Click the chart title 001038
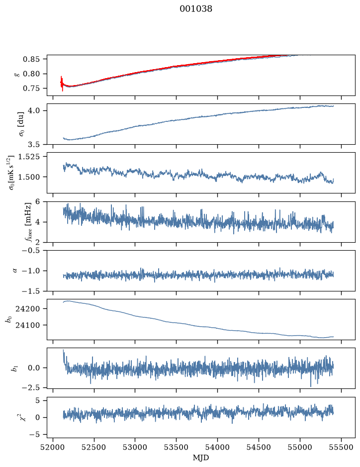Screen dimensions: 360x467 196,9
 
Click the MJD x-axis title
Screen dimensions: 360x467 201,458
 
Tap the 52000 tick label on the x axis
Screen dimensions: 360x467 53,447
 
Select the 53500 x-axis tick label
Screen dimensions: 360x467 177,447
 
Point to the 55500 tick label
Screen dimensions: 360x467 341,447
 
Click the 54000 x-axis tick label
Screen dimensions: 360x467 217,447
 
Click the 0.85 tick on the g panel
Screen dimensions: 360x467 31,59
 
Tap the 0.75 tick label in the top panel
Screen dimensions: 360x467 31,89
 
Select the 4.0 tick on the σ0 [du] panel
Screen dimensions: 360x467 33,110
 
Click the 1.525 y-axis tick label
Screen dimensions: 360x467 28,156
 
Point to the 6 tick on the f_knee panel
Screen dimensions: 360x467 37,201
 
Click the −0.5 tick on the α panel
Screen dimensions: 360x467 30,250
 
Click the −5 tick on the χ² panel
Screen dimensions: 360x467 34,434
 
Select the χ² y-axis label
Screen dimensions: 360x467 23,417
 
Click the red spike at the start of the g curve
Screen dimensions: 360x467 62,84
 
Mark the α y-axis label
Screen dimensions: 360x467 15,271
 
